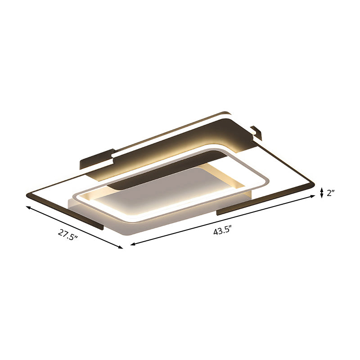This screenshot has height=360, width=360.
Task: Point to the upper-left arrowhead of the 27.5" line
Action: pyautogui.click(x=28, y=207)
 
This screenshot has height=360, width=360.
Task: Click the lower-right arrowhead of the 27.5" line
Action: pyautogui.click(x=121, y=247)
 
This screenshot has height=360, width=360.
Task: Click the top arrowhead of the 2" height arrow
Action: pyautogui.click(x=322, y=189)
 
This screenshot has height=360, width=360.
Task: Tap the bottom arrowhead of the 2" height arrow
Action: pyautogui.click(x=322, y=197)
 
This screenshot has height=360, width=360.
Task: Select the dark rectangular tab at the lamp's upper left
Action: pyautogui.click(x=95, y=159)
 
